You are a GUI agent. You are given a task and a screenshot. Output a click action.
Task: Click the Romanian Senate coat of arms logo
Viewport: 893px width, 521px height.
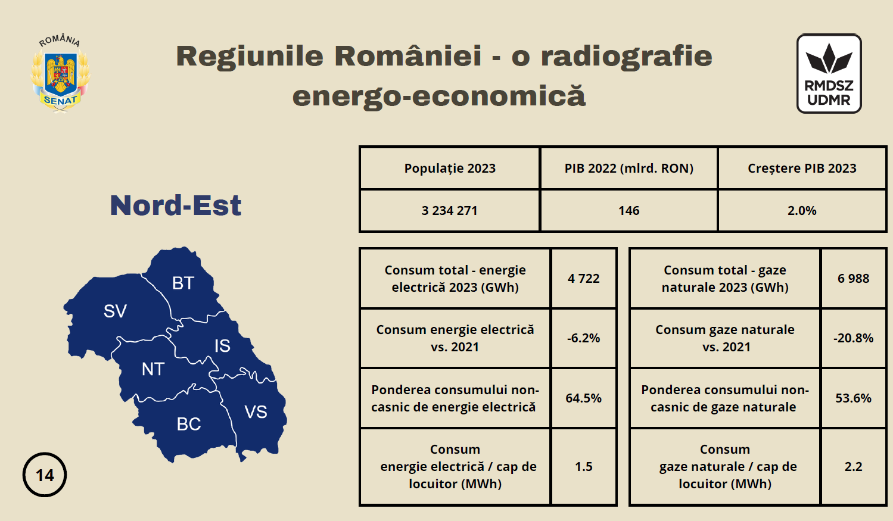[60, 74]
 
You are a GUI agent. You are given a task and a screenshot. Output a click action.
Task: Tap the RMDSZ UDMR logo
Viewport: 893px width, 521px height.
[829, 73]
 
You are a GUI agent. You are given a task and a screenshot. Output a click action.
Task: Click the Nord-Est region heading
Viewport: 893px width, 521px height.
[175, 205]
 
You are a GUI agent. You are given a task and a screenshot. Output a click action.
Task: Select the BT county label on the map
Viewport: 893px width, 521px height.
[183, 283]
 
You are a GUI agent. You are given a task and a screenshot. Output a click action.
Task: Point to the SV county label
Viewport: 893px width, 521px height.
[115, 311]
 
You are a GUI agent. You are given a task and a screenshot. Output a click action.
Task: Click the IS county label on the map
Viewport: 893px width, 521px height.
[222, 346]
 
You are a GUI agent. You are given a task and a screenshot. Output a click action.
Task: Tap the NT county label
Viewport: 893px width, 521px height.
[153, 369]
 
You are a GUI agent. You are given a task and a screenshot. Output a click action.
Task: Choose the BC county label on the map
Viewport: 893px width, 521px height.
[189, 424]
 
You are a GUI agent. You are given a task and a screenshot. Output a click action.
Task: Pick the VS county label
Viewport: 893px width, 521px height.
[256, 412]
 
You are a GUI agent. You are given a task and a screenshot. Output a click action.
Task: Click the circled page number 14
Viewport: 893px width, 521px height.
[45, 475]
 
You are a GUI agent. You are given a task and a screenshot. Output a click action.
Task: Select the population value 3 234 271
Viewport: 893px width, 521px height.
[449, 210]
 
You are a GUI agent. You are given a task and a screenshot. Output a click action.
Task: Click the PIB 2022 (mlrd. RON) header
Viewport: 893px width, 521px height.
[628, 168]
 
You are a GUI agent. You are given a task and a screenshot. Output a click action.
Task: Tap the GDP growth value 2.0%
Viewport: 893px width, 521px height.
[802, 210]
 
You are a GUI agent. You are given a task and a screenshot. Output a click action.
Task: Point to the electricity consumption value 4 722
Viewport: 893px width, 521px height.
[584, 278]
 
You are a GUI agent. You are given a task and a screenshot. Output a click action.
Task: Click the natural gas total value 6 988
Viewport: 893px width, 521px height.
[853, 278]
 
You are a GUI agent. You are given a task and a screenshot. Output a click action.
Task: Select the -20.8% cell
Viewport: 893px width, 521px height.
[853, 338]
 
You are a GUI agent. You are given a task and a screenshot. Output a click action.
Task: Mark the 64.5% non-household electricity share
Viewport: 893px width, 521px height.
[584, 398]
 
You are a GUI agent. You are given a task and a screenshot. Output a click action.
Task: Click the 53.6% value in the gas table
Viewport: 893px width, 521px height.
[853, 398]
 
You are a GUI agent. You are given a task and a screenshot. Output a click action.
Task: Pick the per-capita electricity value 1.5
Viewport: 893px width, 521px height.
[584, 466]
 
